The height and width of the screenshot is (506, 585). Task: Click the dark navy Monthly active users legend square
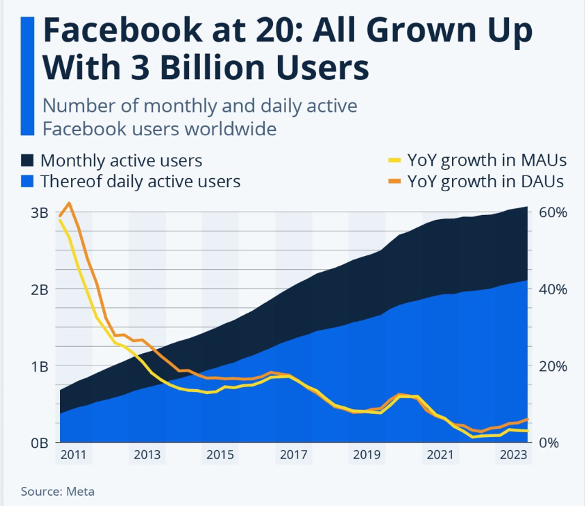[27, 160]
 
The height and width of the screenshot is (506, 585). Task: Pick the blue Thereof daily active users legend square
[27, 181]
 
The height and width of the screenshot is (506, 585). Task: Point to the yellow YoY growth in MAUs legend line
[395, 161]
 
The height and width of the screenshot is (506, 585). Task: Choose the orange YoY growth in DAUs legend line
[395, 182]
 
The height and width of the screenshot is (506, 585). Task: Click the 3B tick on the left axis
[39, 212]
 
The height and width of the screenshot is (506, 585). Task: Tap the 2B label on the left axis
[39, 289]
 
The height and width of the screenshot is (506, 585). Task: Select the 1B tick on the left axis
[39, 366]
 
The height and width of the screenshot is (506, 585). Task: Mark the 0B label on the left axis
[39, 442]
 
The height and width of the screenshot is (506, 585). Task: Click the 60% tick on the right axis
[553, 212]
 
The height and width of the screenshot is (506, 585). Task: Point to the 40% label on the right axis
[553, 289]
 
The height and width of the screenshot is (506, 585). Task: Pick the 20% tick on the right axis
[553, 366]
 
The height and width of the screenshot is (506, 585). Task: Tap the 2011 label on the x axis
[74, 455]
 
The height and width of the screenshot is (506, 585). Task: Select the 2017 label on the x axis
[294, 455]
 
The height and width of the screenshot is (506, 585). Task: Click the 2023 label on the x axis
[513, 455]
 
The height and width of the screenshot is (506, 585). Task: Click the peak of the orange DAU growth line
[69, 203]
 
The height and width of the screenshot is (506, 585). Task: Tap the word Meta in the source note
[81, 491]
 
